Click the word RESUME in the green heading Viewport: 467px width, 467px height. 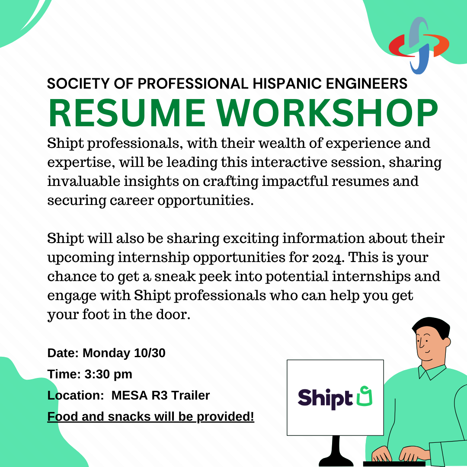[x=127, y=113]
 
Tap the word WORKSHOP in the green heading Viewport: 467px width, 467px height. [x=327, y=113]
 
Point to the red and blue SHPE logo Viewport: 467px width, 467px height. [x=419, y=45]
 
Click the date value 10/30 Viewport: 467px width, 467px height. [x=150, y=353]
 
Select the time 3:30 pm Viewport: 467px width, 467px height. [x=109, y=374]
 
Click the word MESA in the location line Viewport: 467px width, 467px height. [x=130, y=396]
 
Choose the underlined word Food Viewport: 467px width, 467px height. [x=63, y=417]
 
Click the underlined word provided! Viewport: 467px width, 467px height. [x=225, y=417]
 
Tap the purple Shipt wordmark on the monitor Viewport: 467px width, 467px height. [x=325, y=399]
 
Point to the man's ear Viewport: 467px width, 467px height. [x=446, y=342]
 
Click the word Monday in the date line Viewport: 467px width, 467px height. [x=106, y=353]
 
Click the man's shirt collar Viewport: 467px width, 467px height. [x=432, y=372]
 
